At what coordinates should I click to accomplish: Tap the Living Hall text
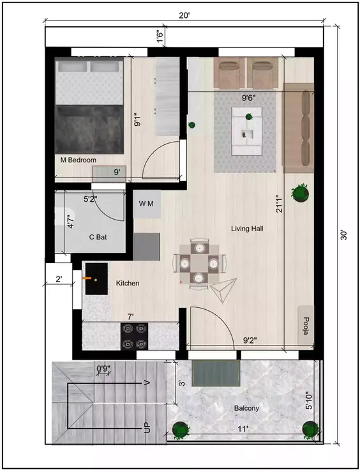pos(247,229)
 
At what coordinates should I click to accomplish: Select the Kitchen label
pos(128,282)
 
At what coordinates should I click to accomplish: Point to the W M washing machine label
pos(146,203)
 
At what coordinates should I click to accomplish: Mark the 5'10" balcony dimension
pos(309,401)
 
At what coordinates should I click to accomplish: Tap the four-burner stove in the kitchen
pos(135,336)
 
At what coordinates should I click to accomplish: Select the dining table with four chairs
pos(199,262)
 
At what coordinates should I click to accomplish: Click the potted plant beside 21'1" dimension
pos(299,191)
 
